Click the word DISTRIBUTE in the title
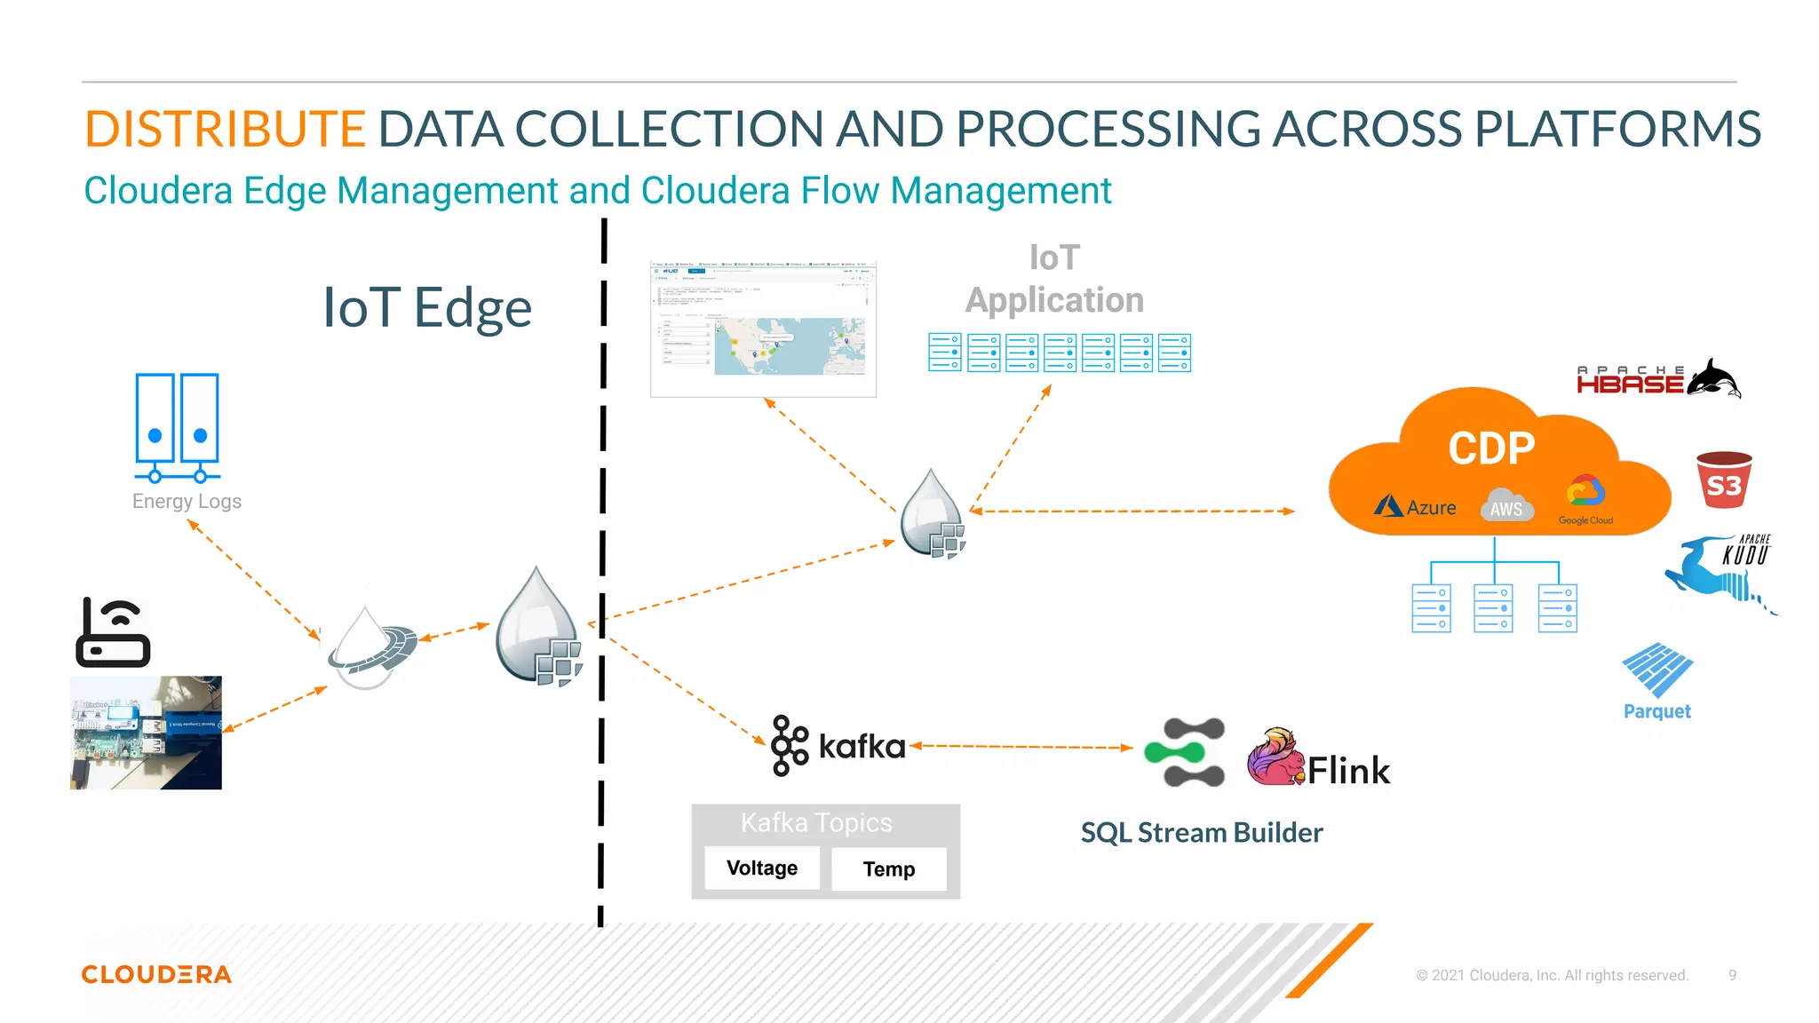(225, 129)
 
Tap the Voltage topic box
(762, 868)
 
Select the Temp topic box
(889, 868)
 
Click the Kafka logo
(838, 746)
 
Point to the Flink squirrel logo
(1275, 757)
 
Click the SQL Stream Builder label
(1201, 832)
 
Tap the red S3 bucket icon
(1723, 480)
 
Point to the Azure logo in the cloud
(1415, 507)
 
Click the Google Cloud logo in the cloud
(1585, 499)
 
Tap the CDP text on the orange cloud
(1491, 448)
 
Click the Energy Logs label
(187, 501)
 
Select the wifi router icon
(113, 633)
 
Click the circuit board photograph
(146, 733)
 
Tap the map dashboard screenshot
(763, 329)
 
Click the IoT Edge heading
(427, 308)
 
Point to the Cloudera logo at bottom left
(156, 974)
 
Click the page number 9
(1732, 975)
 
